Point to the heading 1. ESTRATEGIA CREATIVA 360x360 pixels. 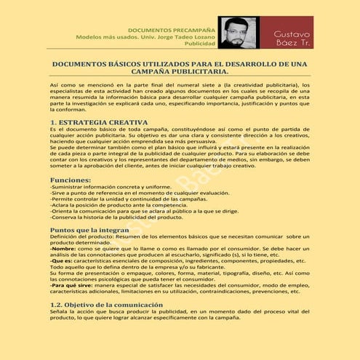99,121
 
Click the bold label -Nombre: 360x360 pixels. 61,249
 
